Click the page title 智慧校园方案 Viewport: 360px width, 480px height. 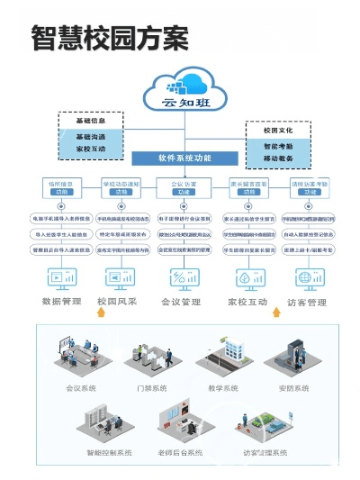tap(109, 38)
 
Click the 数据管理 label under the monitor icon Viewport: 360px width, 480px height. tap(62, 303)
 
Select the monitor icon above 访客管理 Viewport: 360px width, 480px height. tap(306, 277)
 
